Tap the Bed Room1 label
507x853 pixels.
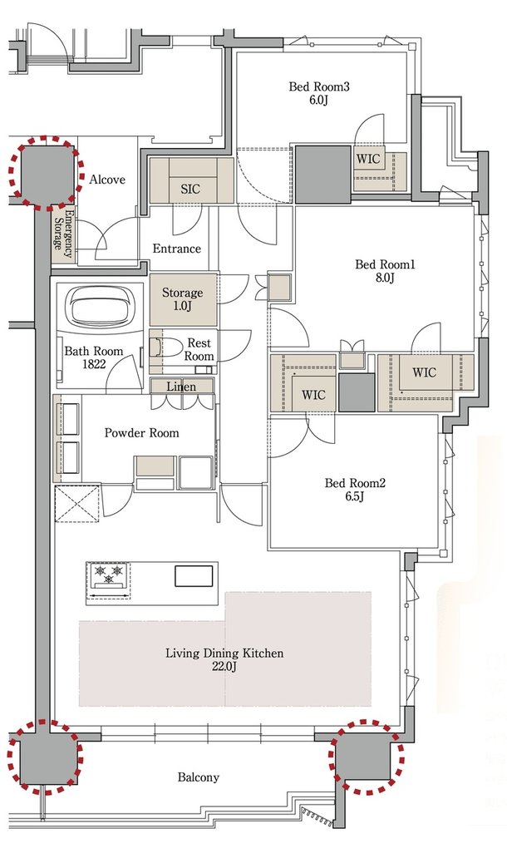point(385,271)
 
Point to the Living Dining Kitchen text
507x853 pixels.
point(224,658)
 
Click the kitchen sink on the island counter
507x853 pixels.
point(194,576)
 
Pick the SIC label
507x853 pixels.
point(190,189)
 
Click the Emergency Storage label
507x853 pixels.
point(62,237)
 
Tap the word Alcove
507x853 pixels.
point(107,179)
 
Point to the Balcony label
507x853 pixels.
point(199,777)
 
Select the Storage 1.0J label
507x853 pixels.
point(182,299)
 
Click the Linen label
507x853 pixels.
point(181,387)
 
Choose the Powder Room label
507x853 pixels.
point(141,433)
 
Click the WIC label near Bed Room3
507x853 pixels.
point(368,160)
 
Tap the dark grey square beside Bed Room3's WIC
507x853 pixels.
point(322,175)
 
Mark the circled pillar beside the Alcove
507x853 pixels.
point(46,172)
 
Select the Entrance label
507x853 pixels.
point(176,249)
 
